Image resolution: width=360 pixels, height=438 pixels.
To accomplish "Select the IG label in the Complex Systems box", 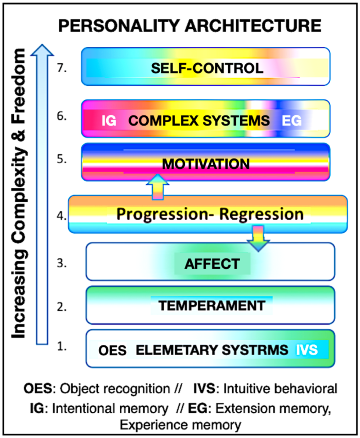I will pyautogui.click(x=109, y=121).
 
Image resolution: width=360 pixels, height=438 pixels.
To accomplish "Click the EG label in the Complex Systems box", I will pyautogui.click(x=292, y=121).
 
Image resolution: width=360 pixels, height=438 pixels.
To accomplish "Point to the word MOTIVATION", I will pyautogui.click(x=205, y=164).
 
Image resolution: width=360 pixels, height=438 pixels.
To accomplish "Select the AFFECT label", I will pyautogui.click(x=213, y=264).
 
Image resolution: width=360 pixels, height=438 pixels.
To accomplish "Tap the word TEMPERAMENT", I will pyautogui.click(x=212, y=305).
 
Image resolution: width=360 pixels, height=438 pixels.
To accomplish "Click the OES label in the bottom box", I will pyautogui.click(x=112, y=351).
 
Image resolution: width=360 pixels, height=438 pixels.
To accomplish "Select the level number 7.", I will pyautogui.click(x=63, y=67).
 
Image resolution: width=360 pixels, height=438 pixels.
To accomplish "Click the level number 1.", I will pyautogui.click(x=62, y=347).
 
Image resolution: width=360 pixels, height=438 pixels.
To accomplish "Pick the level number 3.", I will pyautogui.click(x=62, y=264).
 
